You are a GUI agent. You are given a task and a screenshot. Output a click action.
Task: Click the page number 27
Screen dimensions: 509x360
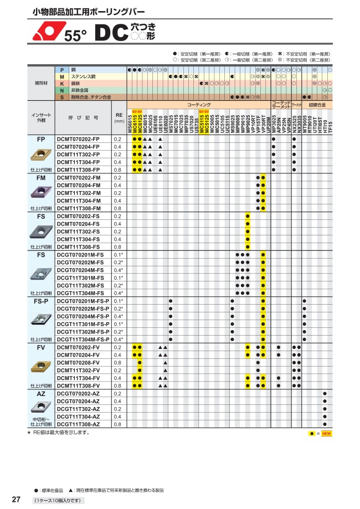coord(17,499)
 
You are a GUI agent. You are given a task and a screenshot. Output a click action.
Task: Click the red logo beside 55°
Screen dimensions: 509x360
coord(45,34)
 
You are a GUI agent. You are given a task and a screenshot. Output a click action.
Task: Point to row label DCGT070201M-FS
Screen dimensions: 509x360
coord(80,254)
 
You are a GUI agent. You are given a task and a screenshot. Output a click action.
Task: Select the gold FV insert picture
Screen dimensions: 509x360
coord(42,367)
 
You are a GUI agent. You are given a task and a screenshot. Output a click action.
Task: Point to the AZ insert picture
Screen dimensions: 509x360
coord(42,407)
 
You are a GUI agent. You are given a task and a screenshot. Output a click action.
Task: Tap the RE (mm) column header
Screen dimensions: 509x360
coord(119,118)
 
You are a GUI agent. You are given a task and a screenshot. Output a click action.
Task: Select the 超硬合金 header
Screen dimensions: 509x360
coord(317,104)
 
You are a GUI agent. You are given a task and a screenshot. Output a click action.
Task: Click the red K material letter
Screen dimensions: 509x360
coord(62,83)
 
